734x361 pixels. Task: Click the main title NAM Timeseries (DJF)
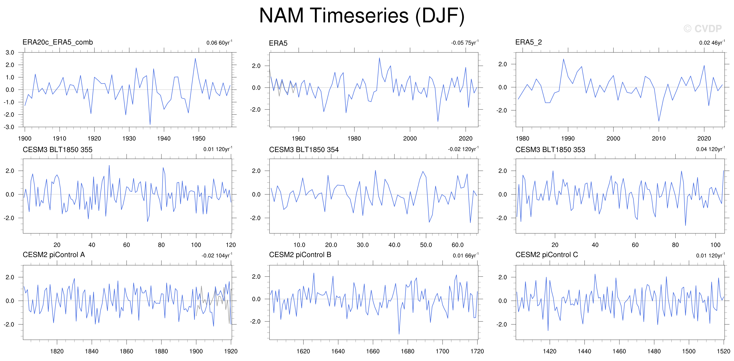click(x=362, y=16)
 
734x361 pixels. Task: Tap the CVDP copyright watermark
click(x=702, y=29)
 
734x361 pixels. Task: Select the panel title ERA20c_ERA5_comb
click(x=58, y=42)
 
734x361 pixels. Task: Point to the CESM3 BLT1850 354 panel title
click(x=304, y=150)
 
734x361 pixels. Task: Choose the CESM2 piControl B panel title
click(x=300, y=255)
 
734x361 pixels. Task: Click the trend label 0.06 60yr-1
click(x=219, y=42)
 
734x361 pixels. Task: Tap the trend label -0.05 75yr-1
click(x=465, y=42)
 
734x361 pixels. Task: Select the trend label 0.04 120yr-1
click(x=711, y=149)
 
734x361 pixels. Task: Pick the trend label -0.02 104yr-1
click(x=217, y=255)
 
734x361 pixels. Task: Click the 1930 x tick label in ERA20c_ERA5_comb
click(x=129, y=138)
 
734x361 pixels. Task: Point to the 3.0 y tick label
click(x=10, y=52)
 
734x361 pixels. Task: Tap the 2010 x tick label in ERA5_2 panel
click(x=659, y=138)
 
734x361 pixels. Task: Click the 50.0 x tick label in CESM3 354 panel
click(x=426, y=245)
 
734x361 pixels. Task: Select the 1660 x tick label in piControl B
click(x=373, y=351)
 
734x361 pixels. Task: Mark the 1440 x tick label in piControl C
click(x=584, y=351)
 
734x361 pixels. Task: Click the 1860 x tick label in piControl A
click(x=126, y=351)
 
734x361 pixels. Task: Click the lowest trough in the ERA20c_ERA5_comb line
click(x=150, y=124)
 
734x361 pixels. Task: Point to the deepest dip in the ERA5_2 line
click(x=659, y=121)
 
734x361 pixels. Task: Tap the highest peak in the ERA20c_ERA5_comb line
click(x=195, y=58)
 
